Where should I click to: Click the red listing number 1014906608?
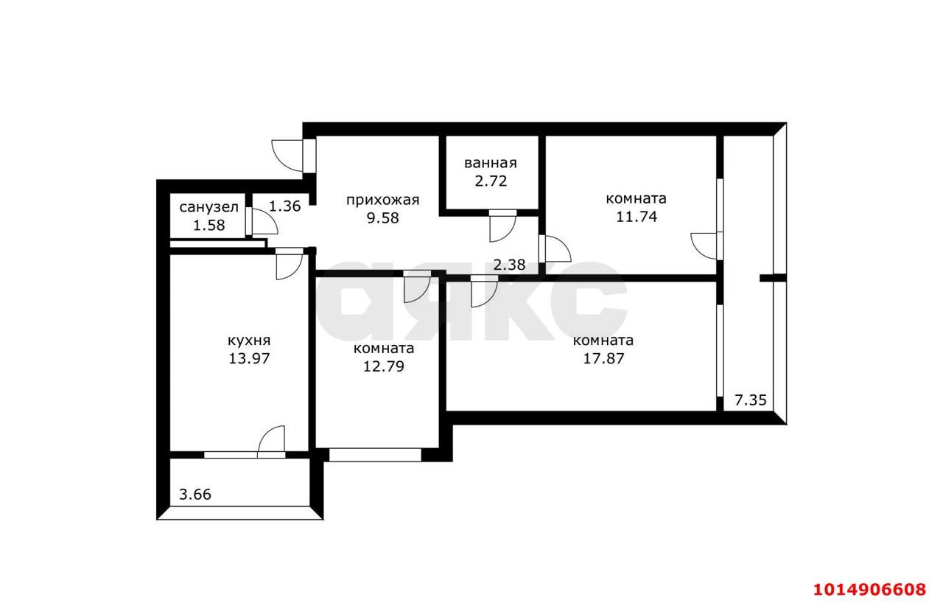869,590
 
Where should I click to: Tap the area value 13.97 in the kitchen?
249,358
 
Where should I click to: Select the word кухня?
249,341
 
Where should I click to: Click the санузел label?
208,207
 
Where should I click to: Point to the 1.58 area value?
208,226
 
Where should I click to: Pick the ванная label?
491,163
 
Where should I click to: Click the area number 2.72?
491,181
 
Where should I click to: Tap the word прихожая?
382,200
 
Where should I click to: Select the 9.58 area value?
382,218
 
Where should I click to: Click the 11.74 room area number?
637,217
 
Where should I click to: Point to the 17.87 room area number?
603,358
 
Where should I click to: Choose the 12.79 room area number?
384,366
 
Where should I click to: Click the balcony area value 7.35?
751,400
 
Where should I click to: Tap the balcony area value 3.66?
195,495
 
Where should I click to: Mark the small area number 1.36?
284,206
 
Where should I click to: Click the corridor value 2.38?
509,265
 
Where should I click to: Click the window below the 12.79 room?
375,455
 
